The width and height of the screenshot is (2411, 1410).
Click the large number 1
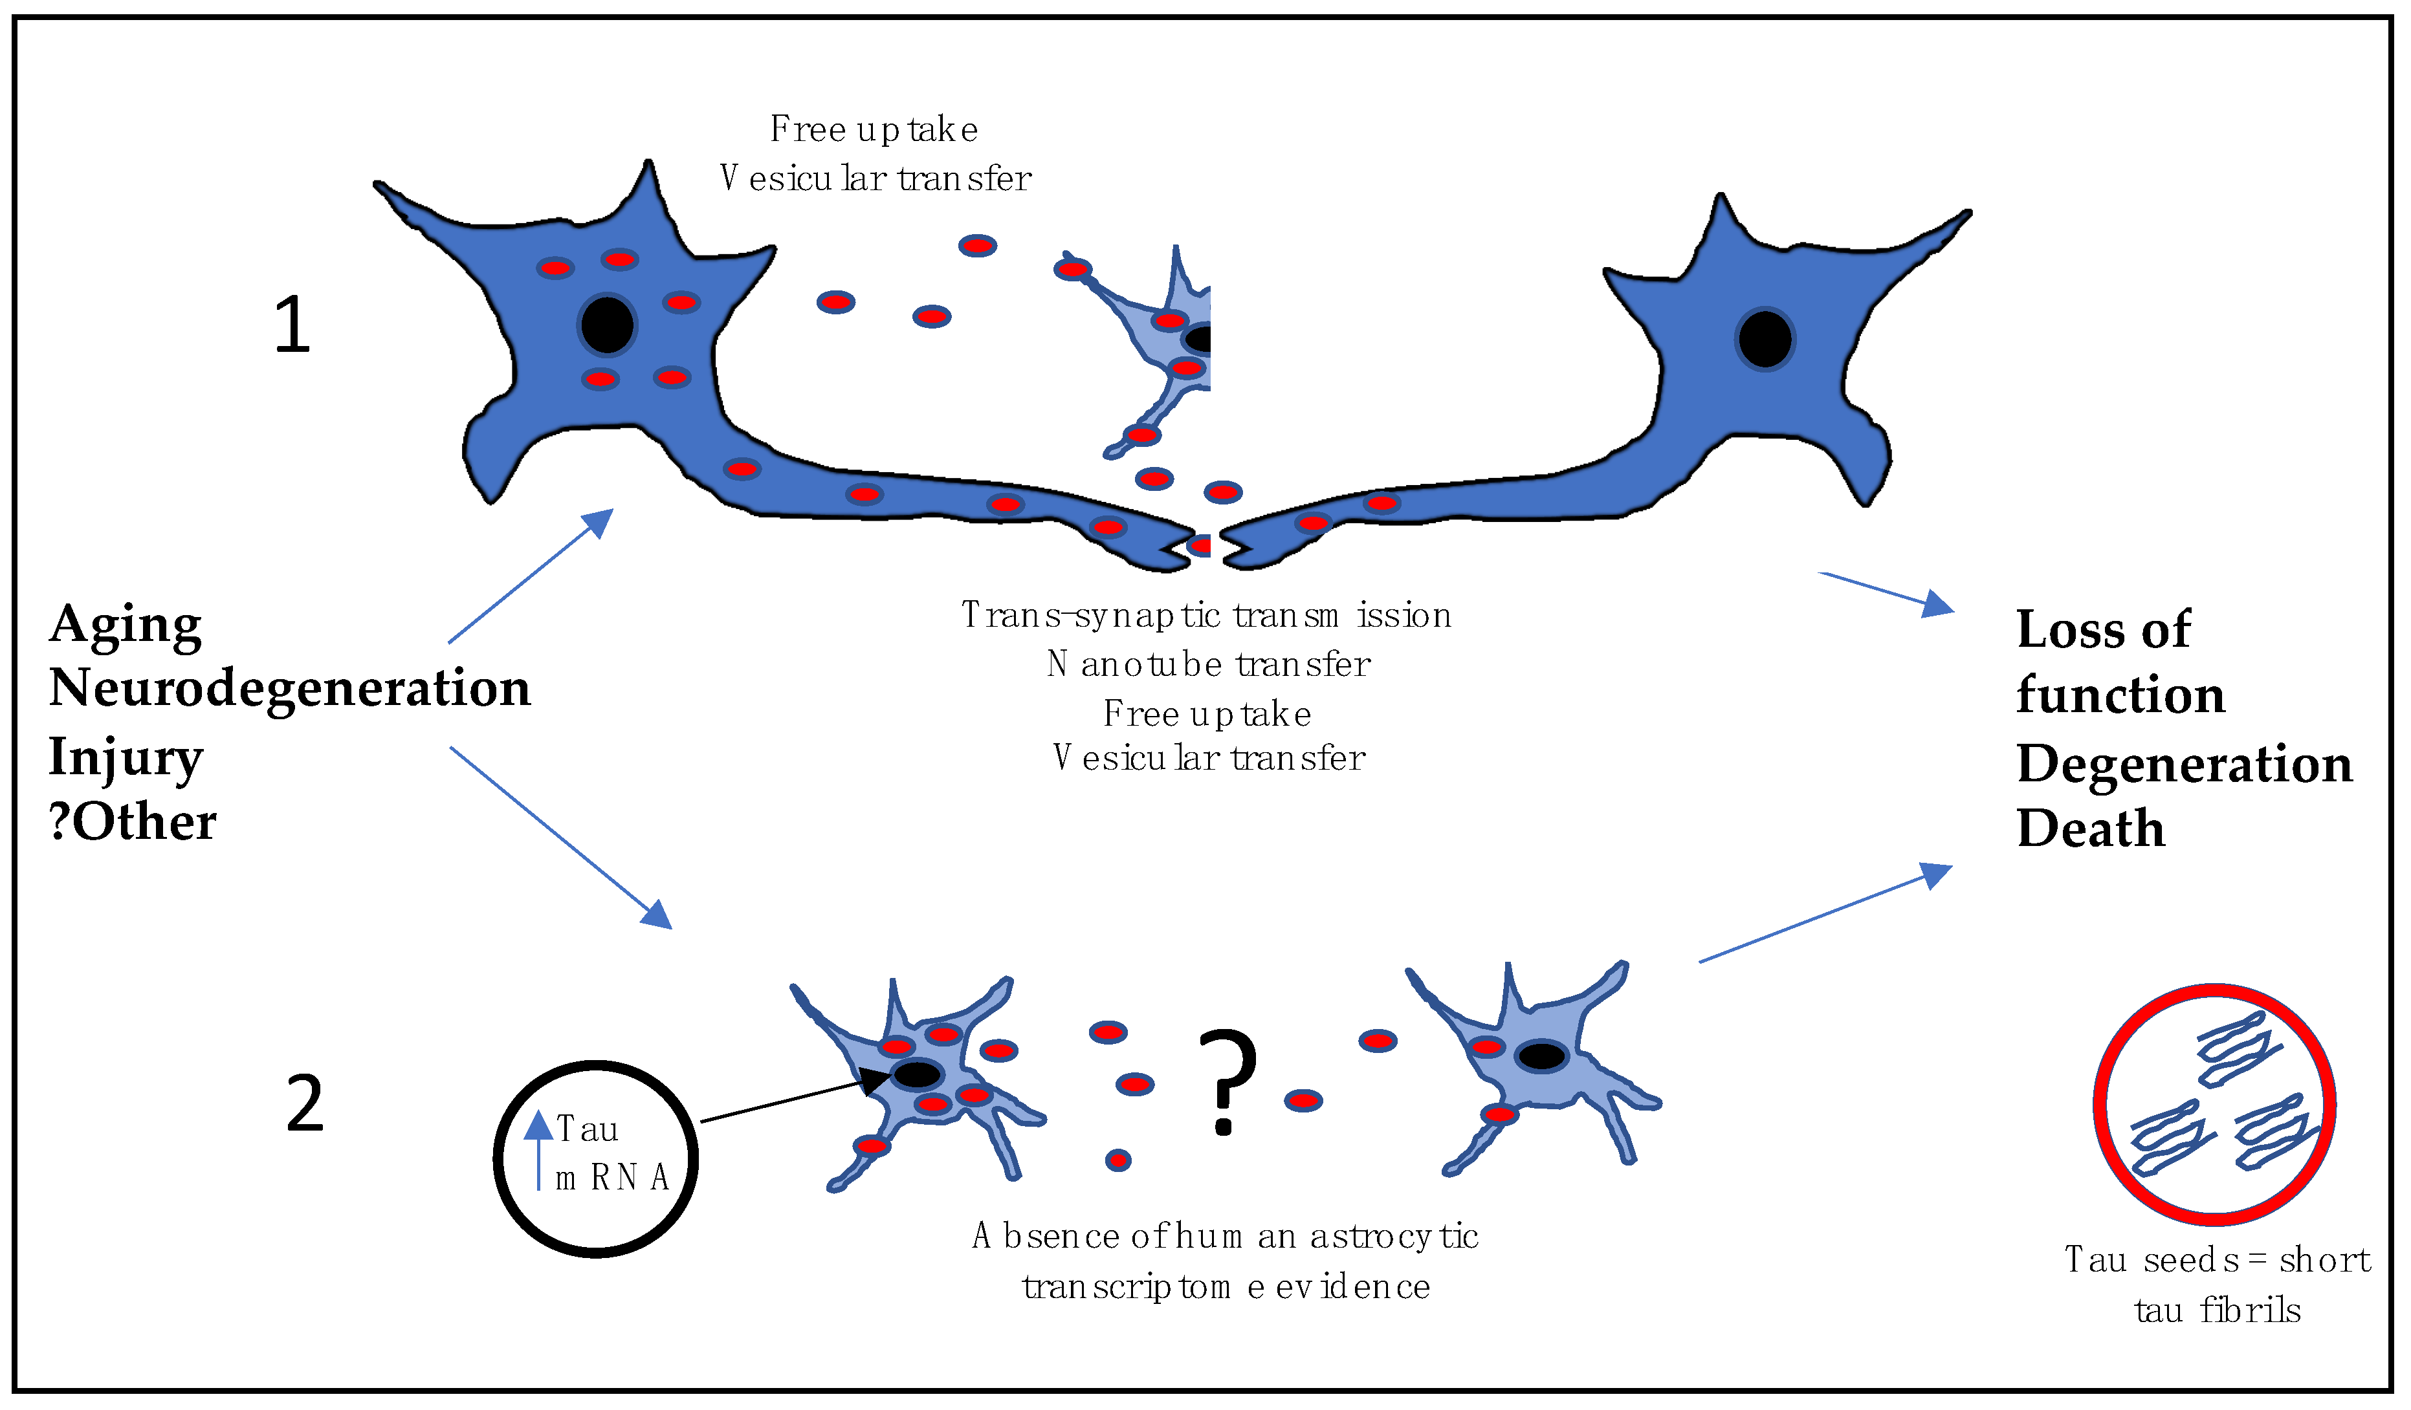(x=292, y=325)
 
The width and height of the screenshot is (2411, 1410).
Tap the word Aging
(x=126, y=625)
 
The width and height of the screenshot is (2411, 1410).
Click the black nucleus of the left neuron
(x=606, y=325)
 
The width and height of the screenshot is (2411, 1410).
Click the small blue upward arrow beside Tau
(x=538, y=1148)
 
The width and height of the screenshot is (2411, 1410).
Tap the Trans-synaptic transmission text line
(x=1205, y=615)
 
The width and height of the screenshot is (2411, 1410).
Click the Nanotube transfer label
(x=1208, y=664)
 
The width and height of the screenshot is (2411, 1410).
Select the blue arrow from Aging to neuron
(x=529, y=577)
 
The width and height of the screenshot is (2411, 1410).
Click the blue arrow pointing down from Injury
(x=560, y=837)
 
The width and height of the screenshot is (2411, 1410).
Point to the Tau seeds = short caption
(x=2217, y=1260)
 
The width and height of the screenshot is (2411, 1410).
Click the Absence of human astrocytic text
(x=1225, y=1236)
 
